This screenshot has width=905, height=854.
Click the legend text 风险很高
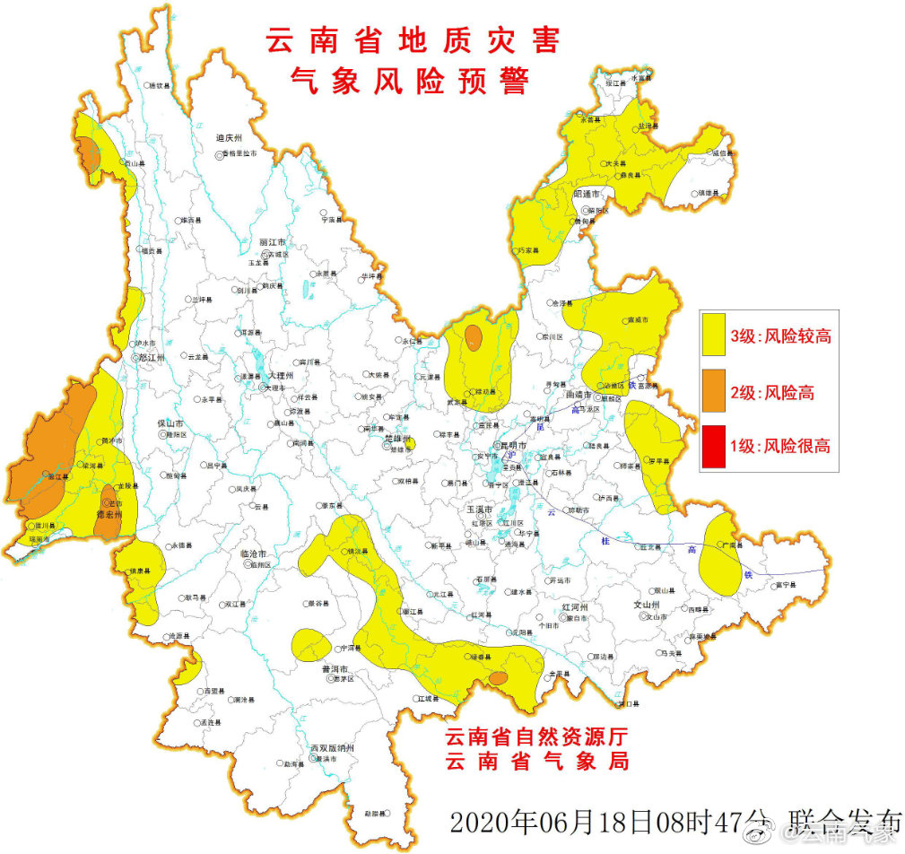pyautogui.click(x=794, y=446)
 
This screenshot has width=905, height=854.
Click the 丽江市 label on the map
pyautogui.click(x=271, y=242)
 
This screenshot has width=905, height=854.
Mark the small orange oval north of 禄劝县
pyautogui.click(x=473, y=336)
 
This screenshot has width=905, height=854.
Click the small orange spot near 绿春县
pyautogui.click(x=498, y=678)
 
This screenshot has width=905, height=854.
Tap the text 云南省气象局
pyautogui.click(x=536, y=762)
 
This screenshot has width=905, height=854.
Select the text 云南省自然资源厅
pyautogui.click(x=536, y=736)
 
